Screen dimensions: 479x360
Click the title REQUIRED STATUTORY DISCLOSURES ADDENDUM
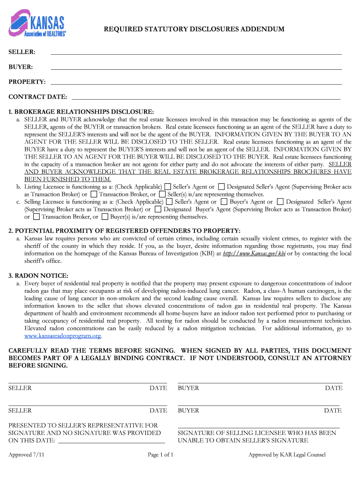point(194,29)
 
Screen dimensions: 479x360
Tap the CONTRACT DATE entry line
point(206,98)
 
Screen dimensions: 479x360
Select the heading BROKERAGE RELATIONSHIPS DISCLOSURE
point(81,112)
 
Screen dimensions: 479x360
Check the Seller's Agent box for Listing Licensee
point(168,187)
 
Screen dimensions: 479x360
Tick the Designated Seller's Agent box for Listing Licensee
point(222,187)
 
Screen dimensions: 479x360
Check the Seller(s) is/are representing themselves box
point(162,194)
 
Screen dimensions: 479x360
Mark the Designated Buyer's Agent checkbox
point(158,210)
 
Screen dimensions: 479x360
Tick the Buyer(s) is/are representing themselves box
point(105,217)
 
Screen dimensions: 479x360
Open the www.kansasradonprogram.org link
point(63,336)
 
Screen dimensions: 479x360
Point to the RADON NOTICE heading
point(38,276)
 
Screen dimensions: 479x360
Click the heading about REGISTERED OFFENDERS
point(124,231)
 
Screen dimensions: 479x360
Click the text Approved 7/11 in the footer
point(26,455)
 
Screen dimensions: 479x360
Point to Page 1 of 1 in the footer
point(160,455)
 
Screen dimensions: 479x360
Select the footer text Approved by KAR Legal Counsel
point(287,455)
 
